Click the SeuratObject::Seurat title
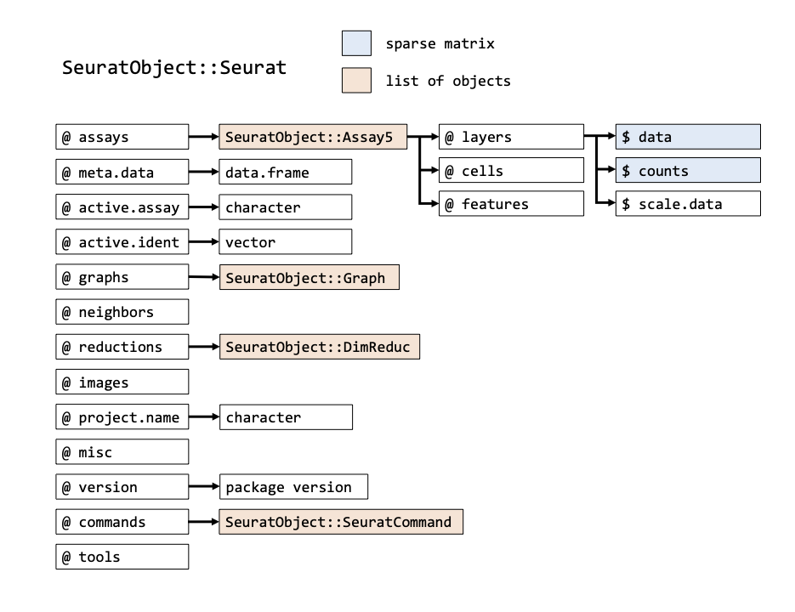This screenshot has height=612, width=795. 174,67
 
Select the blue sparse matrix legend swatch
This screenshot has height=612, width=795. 356,43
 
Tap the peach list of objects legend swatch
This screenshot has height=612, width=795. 356,80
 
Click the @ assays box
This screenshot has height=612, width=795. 122,137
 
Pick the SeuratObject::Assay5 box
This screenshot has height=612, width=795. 313,137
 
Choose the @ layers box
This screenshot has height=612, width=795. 511,137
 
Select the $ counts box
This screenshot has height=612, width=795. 688,170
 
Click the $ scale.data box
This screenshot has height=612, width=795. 688,204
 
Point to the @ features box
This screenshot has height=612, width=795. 511,204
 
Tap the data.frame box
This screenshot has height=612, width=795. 286,172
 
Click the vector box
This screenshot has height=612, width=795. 286,242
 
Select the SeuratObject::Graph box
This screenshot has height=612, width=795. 309,277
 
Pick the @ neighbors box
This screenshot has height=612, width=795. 122,312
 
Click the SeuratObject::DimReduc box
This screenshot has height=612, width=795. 320,347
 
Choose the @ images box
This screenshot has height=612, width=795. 122,382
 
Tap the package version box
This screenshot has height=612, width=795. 293,487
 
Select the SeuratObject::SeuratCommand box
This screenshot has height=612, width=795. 341,522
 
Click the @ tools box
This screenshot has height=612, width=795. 122,557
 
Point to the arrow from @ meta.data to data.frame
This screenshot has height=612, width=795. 204,172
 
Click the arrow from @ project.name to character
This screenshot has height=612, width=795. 204,416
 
